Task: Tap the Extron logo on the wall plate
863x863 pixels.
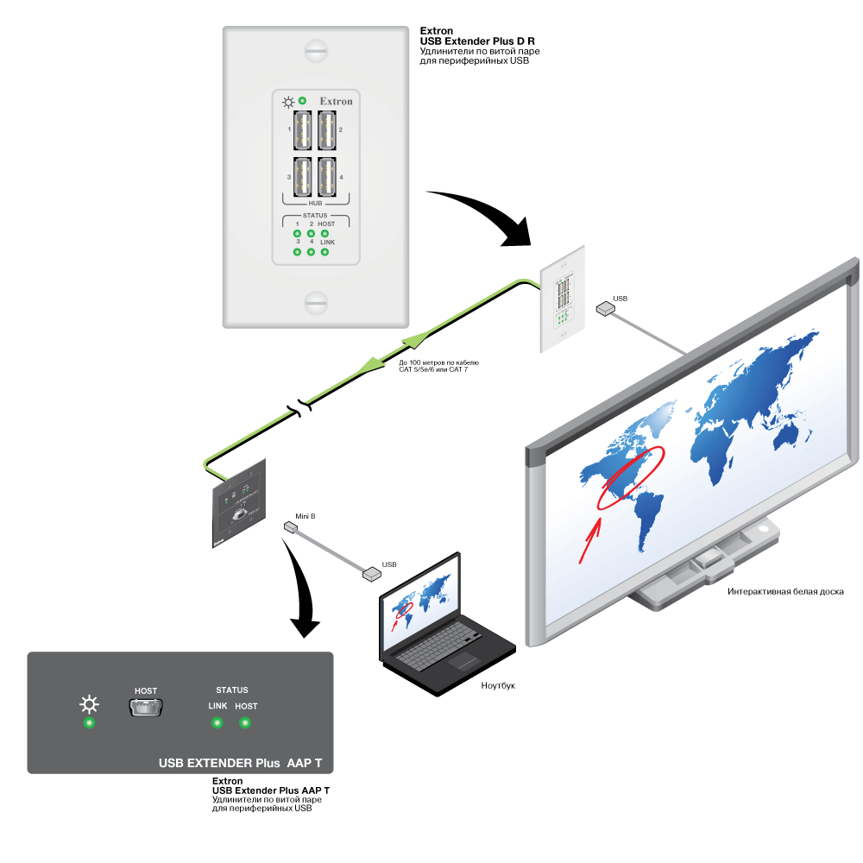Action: tap(336, 102)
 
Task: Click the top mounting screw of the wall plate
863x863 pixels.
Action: tap(316, 51)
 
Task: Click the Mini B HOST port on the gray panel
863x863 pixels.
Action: tap(146, 709)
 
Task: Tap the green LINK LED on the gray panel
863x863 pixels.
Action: tap(217, 721)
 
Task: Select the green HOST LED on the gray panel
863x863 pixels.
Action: tap(246, 721)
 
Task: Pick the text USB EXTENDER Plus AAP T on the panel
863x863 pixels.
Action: tap(241, 764)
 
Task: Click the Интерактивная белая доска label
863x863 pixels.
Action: tap(784, 591)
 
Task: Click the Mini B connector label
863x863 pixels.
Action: tap(305, 515)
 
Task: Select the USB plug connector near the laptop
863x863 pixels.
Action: tap(371, 572)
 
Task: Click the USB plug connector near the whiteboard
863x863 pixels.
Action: tap(604, 309)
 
